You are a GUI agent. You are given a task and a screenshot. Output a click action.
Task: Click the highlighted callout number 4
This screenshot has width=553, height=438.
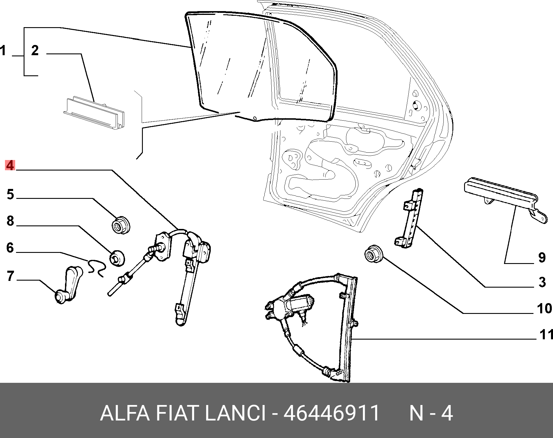(x=10, y=165)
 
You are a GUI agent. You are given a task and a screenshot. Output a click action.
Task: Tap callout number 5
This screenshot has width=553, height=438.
(x=10, y=194)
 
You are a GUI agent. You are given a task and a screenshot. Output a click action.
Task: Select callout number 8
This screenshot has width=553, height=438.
(x=10, y=221)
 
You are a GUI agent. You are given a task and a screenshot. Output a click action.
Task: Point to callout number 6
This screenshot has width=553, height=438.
(x=10, y=248)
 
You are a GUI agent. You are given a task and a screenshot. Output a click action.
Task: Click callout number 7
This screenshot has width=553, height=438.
(x=10, y=276)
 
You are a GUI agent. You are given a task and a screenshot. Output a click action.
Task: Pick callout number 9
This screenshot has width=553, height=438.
(x=542, y=258)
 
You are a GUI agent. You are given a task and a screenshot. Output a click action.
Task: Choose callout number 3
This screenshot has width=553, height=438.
(x=542, y=282)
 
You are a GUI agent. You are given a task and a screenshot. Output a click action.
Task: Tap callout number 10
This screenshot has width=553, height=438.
(x=544, y=308)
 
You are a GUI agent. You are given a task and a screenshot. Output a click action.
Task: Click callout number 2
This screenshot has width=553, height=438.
(x=35, y=50)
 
